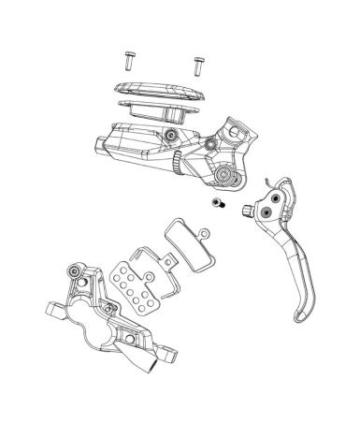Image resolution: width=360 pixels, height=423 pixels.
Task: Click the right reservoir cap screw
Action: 197,65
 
